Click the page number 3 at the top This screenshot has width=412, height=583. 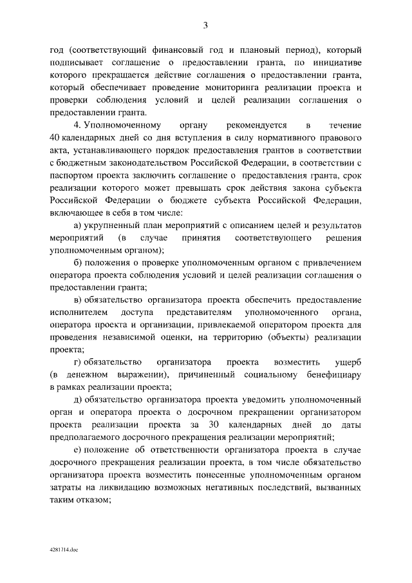pos(205,26)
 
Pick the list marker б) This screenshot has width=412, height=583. pos(79,263)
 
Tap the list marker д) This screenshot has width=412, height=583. pos(79,400)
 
